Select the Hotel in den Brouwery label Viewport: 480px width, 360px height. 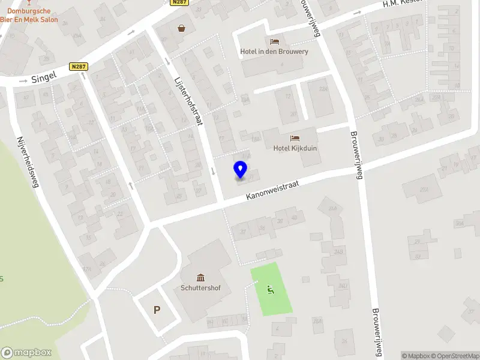tap(274, 52)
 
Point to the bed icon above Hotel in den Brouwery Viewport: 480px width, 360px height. tap(274, 41)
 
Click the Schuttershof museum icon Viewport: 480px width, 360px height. tap(200, 277)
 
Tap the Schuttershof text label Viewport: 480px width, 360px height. tap(200, 288)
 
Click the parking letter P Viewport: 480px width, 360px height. tap(157, 310)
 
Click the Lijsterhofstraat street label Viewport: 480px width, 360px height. tap(187, 100)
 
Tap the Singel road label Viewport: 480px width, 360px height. tap(44, 76)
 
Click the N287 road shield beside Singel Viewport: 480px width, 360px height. tap(77, 67)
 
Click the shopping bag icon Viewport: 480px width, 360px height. tap(181, 28)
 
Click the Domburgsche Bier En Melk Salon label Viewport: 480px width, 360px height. tap(29, 14)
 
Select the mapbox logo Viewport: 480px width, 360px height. tap(26, 353)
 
